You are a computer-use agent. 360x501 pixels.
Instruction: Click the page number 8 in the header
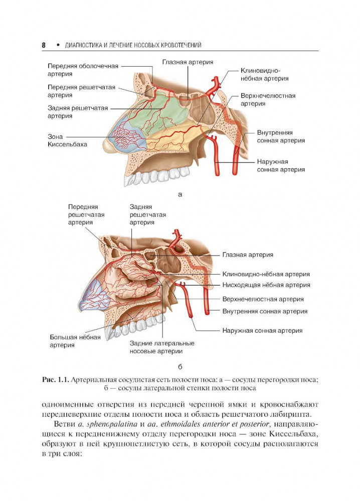coord(44,45)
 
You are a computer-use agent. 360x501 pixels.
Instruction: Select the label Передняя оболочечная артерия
coord(83,70)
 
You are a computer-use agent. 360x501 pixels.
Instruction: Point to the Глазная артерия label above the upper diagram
coord(188,62)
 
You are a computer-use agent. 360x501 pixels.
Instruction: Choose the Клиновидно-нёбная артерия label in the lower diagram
coord(266,275)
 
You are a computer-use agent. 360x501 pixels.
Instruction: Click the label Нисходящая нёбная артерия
coord(266,285)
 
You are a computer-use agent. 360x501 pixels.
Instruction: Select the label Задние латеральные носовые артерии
coord(161,347)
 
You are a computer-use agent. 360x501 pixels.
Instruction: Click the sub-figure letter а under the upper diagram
coord(180,194)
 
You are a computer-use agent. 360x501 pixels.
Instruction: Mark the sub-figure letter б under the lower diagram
coord(180,367)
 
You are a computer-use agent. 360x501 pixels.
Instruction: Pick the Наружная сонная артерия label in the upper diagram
coord(280,166)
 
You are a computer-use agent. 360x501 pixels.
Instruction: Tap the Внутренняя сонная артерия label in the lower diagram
coord(265,311)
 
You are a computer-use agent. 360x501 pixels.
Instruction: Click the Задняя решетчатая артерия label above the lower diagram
coord(147,214)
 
